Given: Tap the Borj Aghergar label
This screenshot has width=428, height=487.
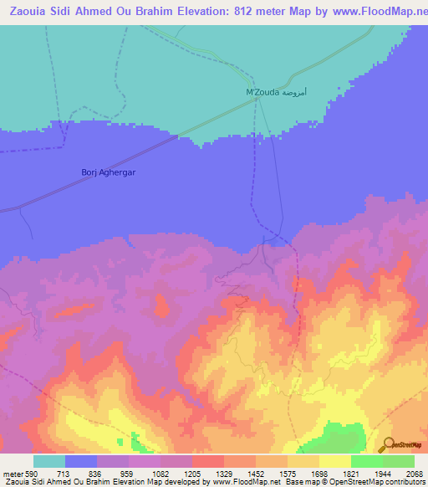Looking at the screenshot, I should pyautogui.click(x=108, y=172).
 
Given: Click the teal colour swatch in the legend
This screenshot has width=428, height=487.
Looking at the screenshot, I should pyautogui.click(x=49, y=461).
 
